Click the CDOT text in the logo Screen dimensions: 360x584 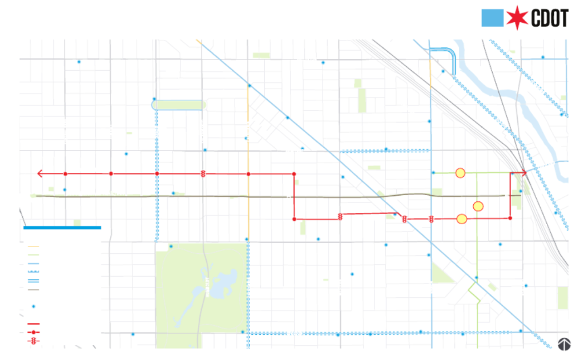(x=550, y=18)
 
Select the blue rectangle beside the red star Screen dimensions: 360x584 (x=492, y=18)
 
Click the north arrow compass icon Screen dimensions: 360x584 (x=564, y=343)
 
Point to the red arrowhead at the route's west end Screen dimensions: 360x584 (x=40, y=173)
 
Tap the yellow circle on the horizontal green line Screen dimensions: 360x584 (x=460, y=172)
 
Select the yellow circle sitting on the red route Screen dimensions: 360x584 (x=462, y=219)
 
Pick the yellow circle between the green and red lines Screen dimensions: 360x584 (x=478, y=206)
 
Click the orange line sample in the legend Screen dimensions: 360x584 (x=33, y=247)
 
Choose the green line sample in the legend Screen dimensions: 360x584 (x=33, y=255)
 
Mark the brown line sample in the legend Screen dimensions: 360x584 (x=33, y=290)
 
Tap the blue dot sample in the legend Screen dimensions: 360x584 (x=34, y=306)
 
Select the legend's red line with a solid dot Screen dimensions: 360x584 (x=34, y=332)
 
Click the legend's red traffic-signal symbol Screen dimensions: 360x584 (x=34, y=341)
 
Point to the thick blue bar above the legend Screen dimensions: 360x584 (x=62, y=227)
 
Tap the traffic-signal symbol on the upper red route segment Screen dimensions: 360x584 (x=203, y=173)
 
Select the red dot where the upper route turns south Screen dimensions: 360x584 (x=294, y=173)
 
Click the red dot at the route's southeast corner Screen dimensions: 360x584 (x=510, y=218)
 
